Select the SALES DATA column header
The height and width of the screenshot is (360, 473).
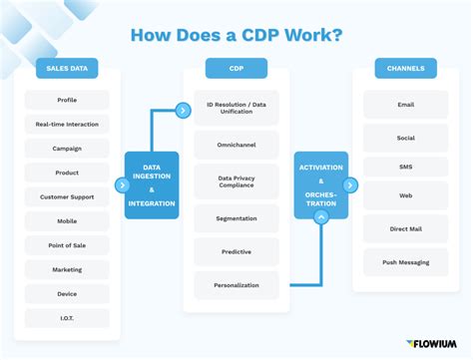(x=67, y=69)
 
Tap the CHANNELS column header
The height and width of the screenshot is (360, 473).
(x=405, y=69)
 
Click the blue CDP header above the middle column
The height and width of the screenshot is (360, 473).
(x=236, y=69)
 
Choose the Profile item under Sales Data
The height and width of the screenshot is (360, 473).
(x=67, y=100)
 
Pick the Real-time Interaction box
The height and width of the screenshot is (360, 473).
(x=67, y=125)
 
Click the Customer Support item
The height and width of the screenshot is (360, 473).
(x=67, y=196)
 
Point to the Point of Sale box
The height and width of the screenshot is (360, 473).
(x=67, y=245)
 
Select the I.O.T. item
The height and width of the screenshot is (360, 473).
(x=67, y=318)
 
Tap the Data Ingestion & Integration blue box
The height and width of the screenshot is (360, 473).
(x=152, y=185)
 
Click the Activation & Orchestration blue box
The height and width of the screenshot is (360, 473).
(x=320, y=185)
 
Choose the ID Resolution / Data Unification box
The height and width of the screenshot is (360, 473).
(x=236, y=108)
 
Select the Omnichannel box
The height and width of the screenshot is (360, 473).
(x=236, y=145)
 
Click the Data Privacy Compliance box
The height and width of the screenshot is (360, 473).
(x=236, y=181)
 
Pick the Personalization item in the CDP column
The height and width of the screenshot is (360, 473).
(x=236, y=285)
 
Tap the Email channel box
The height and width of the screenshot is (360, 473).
(x=405, y=105)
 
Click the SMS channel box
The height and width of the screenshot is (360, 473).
(x=405, y=167)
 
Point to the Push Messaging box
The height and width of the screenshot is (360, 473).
(x=405, y=262)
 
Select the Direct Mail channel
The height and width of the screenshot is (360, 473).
(x=405, y=228)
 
